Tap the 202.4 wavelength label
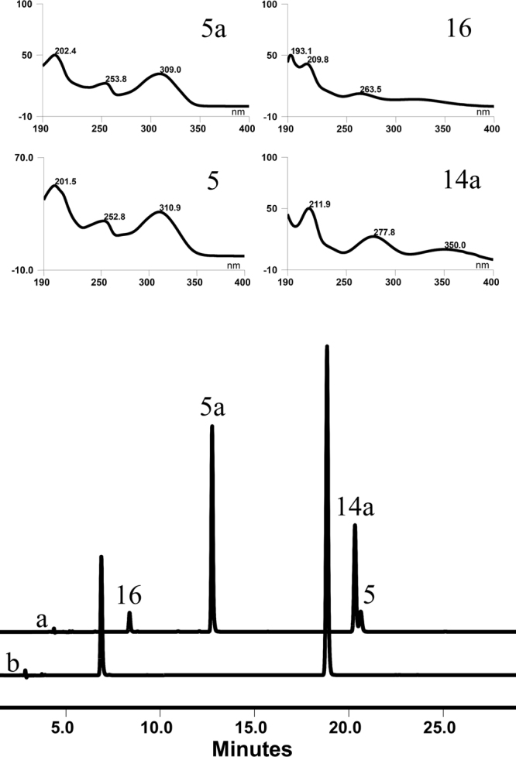[65, 50]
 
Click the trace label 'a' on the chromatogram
[43, 621]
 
